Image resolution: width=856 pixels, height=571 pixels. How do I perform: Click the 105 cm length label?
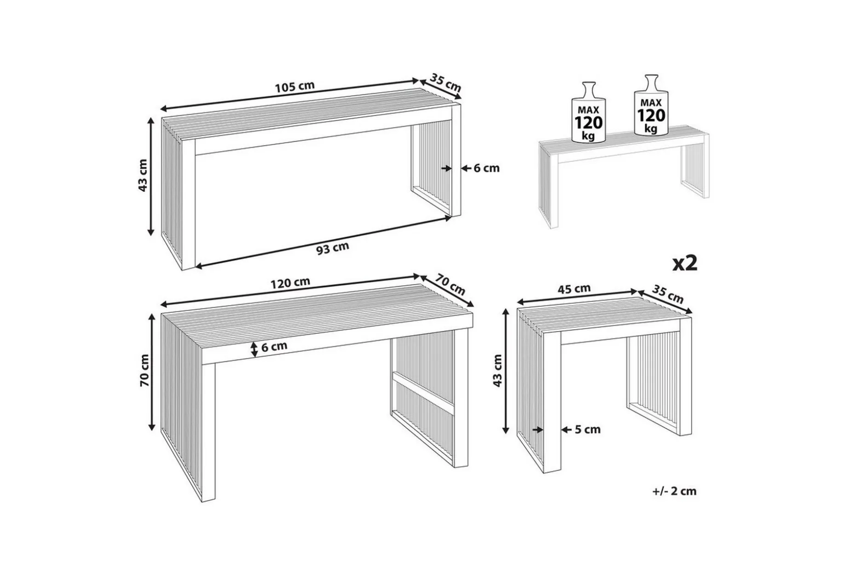point(295,86)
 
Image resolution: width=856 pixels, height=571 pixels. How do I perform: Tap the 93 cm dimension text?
point(332,248)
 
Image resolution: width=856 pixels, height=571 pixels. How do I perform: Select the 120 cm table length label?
point(290,282)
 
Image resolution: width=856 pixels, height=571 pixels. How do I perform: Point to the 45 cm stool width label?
point(574,289)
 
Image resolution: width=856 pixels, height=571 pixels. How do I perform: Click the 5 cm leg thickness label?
point(588,429)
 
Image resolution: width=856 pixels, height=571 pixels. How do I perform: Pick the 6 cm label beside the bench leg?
point(486,168)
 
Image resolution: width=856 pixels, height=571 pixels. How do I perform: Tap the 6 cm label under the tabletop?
point(274,346)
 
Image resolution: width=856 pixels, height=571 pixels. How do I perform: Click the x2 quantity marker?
point(685,263)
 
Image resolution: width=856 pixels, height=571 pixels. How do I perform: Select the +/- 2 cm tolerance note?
point(674,491)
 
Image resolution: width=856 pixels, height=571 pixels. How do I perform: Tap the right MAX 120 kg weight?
point(651,105)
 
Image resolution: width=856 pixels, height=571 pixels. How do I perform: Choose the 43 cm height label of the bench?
point(143,175)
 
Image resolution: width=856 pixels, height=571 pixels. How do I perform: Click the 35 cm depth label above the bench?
point(445,83)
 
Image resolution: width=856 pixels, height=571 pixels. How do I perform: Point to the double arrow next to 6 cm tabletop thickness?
point(254,349)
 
